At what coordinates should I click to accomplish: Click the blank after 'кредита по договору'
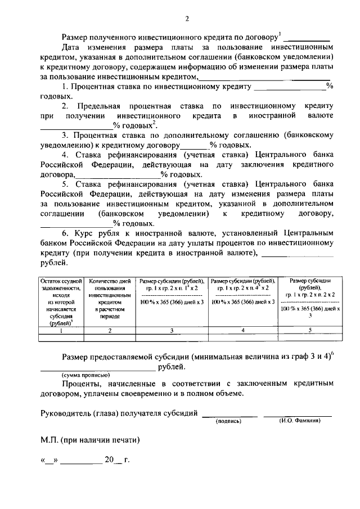[306, 37]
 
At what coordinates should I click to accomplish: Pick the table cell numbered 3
[171, 330]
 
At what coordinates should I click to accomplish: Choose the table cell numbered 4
[242, 330]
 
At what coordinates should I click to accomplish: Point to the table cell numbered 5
[309, 330]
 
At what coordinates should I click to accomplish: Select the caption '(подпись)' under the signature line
[228, 420]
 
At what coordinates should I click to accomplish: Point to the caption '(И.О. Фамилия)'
[299, 420]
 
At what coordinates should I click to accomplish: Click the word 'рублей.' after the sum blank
[171, 367]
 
